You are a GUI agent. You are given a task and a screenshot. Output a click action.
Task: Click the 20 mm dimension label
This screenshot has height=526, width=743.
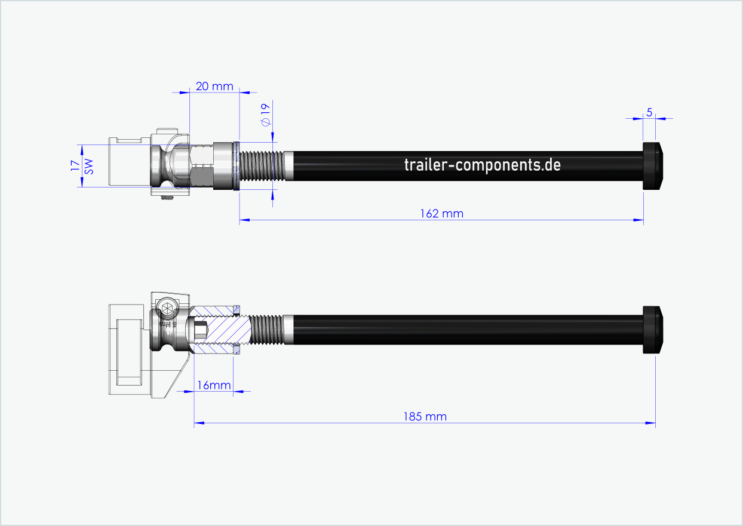coord(214,87)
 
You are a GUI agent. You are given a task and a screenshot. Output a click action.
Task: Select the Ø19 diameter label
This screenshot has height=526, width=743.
coord(265,113)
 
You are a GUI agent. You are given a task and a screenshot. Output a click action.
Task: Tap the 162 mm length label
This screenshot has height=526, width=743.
coord(441,213)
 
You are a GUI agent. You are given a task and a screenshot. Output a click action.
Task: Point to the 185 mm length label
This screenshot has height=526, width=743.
coord(425,416)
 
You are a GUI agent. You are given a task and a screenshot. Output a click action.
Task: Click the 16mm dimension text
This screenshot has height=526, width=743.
coord(214,385)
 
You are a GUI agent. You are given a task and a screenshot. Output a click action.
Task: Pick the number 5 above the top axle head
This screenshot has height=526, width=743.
coord(649,112)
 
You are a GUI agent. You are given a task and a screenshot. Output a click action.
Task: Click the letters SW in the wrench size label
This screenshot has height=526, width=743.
coord(88,166)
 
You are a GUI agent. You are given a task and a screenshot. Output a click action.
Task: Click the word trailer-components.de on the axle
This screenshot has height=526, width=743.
coord(482,165)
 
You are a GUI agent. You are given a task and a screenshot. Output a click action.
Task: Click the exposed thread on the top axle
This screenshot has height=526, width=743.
coord(261,166)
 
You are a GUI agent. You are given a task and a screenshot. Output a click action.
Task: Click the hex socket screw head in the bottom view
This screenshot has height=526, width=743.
coord(167,309)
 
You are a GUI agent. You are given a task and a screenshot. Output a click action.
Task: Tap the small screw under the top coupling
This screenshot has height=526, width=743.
coord(168,198)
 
